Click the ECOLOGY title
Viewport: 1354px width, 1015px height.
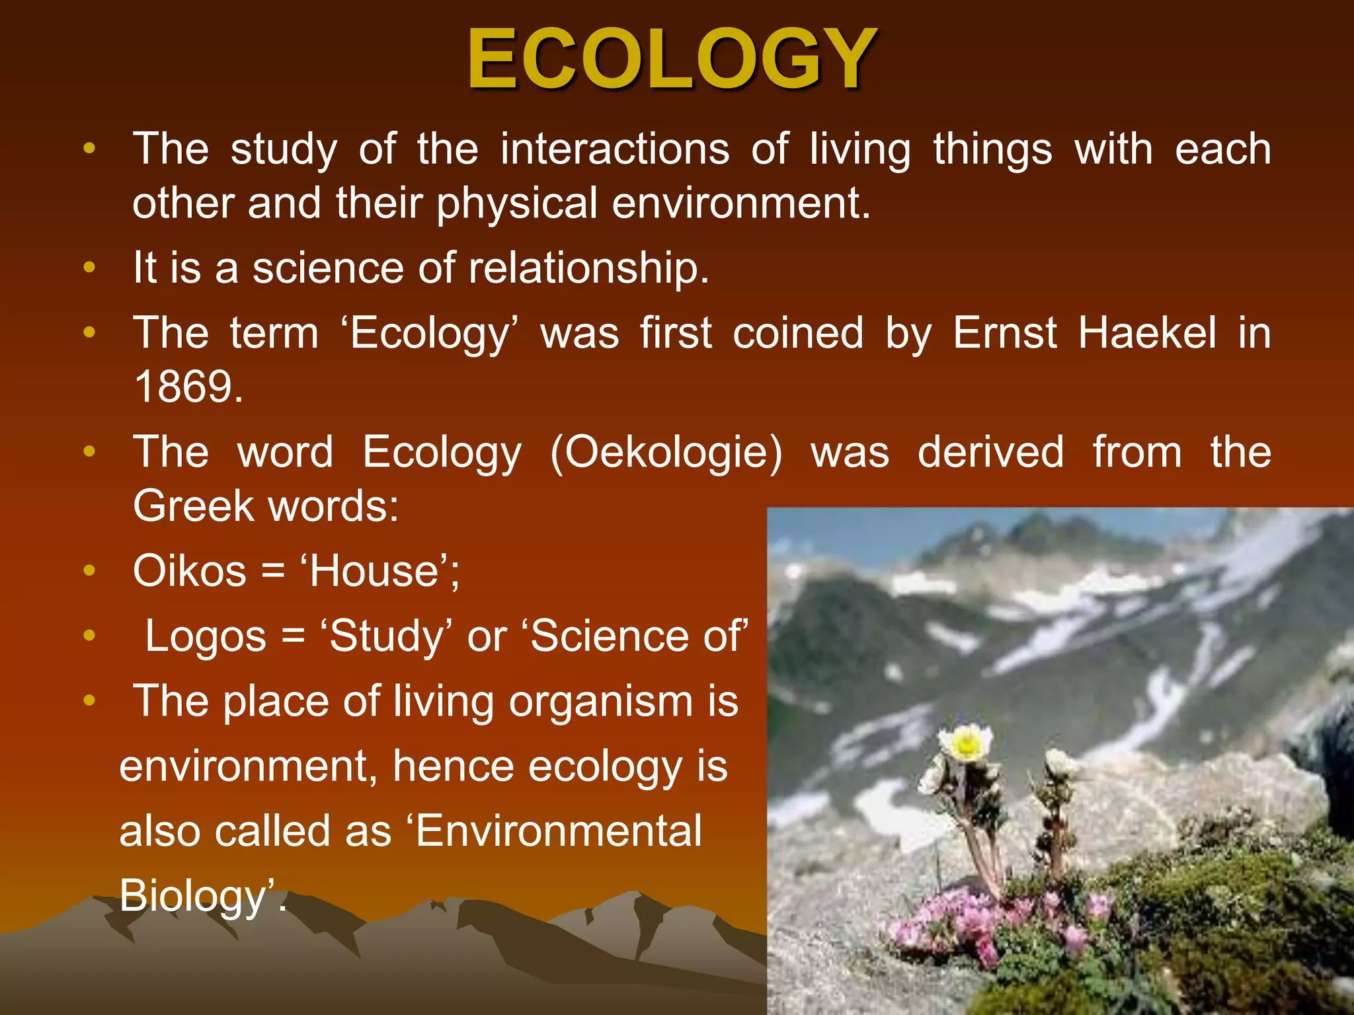click(672, 59)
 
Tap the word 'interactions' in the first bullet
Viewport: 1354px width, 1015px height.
click(615, 149)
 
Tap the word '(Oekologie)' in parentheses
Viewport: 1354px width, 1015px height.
click(666, 453)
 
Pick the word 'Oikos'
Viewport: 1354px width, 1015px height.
click(190, 571)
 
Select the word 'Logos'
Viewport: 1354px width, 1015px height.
click(206, 636)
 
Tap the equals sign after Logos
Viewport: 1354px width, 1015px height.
click(293, 637)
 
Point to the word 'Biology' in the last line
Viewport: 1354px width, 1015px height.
click(192, 896)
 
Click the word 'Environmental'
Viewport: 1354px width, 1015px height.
click(559, 831)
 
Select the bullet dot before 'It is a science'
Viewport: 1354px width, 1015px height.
click(90, 268)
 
